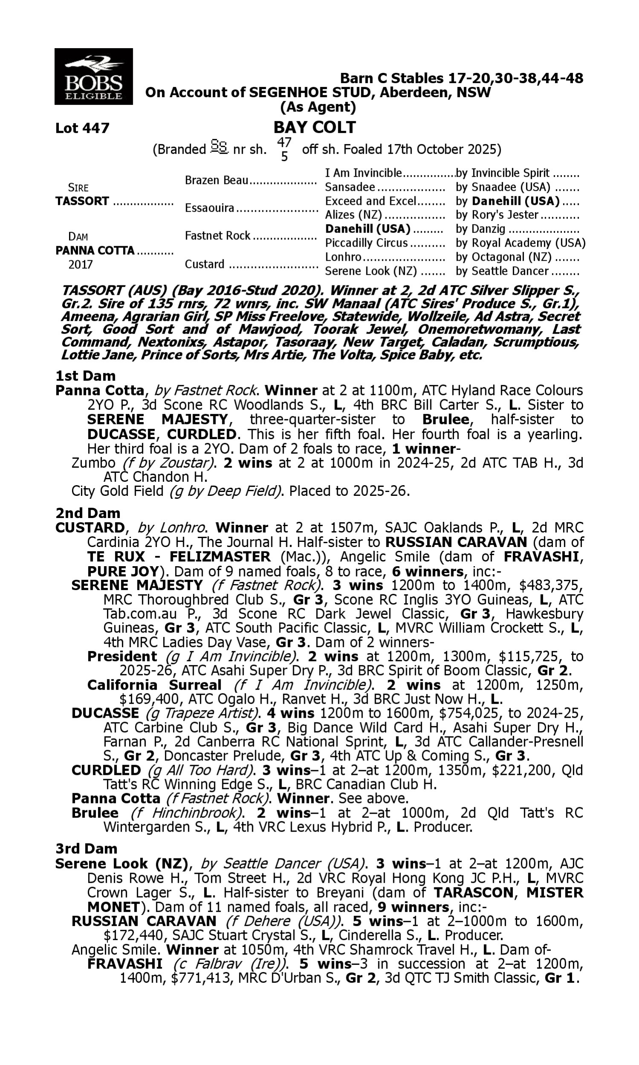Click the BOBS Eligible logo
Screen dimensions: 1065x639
pyautogui.click(x=93, y=76)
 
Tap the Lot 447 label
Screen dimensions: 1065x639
pyautogui.click(x=82, y=128)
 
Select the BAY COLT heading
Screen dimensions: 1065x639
pyautogui.click(x=315, y=127)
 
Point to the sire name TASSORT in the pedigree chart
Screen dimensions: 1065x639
pyautogui.click(x=82, y=201)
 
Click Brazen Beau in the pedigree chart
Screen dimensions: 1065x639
pyautogui.click(x=216, y=180)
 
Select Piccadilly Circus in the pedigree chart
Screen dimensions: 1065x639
pyautogui.click(x=366, y=243)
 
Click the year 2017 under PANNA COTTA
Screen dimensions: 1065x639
pyautogui.click(x=81, y=264)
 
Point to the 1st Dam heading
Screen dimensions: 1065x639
pyautogui.click(x=86, y=376)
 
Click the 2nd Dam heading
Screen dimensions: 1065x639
pyautogui.click(x=88, y=513)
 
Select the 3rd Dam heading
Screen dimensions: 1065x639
pyautogui.click(x=86, y=849)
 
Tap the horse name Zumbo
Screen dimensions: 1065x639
pyautogui.click(x=93, y=463)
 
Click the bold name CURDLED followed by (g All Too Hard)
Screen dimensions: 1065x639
pyautogui.click(x=106, y=770)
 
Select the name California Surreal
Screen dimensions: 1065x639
pyautogui.click(x=154, y=685)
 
